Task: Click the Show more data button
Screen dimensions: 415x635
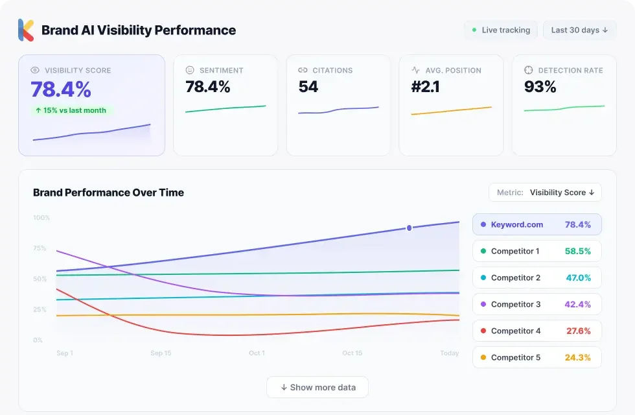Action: coord(317,387)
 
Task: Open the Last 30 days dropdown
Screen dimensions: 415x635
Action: coord(579,30)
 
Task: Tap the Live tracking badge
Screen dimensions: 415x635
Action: coord(501,30)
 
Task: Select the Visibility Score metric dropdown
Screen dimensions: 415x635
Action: coord(545,193)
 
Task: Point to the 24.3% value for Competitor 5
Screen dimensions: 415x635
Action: coord(578,357)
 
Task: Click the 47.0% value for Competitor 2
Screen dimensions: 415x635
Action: coord(578,278)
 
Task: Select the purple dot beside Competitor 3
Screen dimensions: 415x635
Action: coord(483,304)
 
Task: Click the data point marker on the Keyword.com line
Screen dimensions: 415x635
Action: coord(409,228)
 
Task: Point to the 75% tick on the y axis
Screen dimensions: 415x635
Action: coord(40,248)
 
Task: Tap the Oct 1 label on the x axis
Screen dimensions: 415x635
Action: coord(257,353)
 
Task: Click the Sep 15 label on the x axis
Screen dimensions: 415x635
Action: coord(161,353)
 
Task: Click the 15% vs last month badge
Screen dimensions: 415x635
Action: coord(71,110)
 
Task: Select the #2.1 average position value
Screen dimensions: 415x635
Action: coord(425,87)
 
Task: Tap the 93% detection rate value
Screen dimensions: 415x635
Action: coord(540,87)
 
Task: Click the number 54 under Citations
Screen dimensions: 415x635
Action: coord(308,87)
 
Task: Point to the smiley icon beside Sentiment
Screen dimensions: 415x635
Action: coord(190,70)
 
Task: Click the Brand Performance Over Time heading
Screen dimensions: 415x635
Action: coord(108,193)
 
